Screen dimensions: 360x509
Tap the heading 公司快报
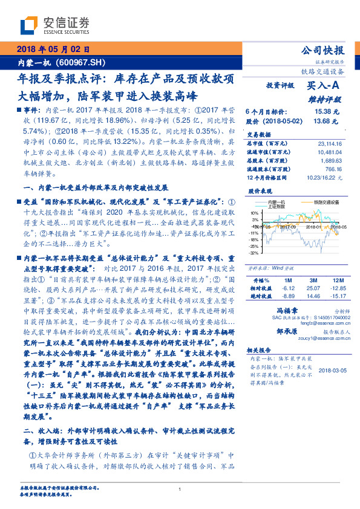tap(324, 50)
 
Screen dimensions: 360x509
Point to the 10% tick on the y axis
tap(254, 213)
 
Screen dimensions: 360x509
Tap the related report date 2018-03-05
tap(332, 369)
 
